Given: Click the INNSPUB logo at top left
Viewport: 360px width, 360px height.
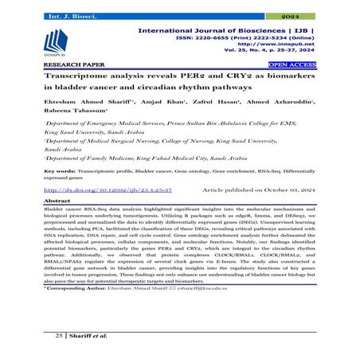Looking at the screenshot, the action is coord(58,41).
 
